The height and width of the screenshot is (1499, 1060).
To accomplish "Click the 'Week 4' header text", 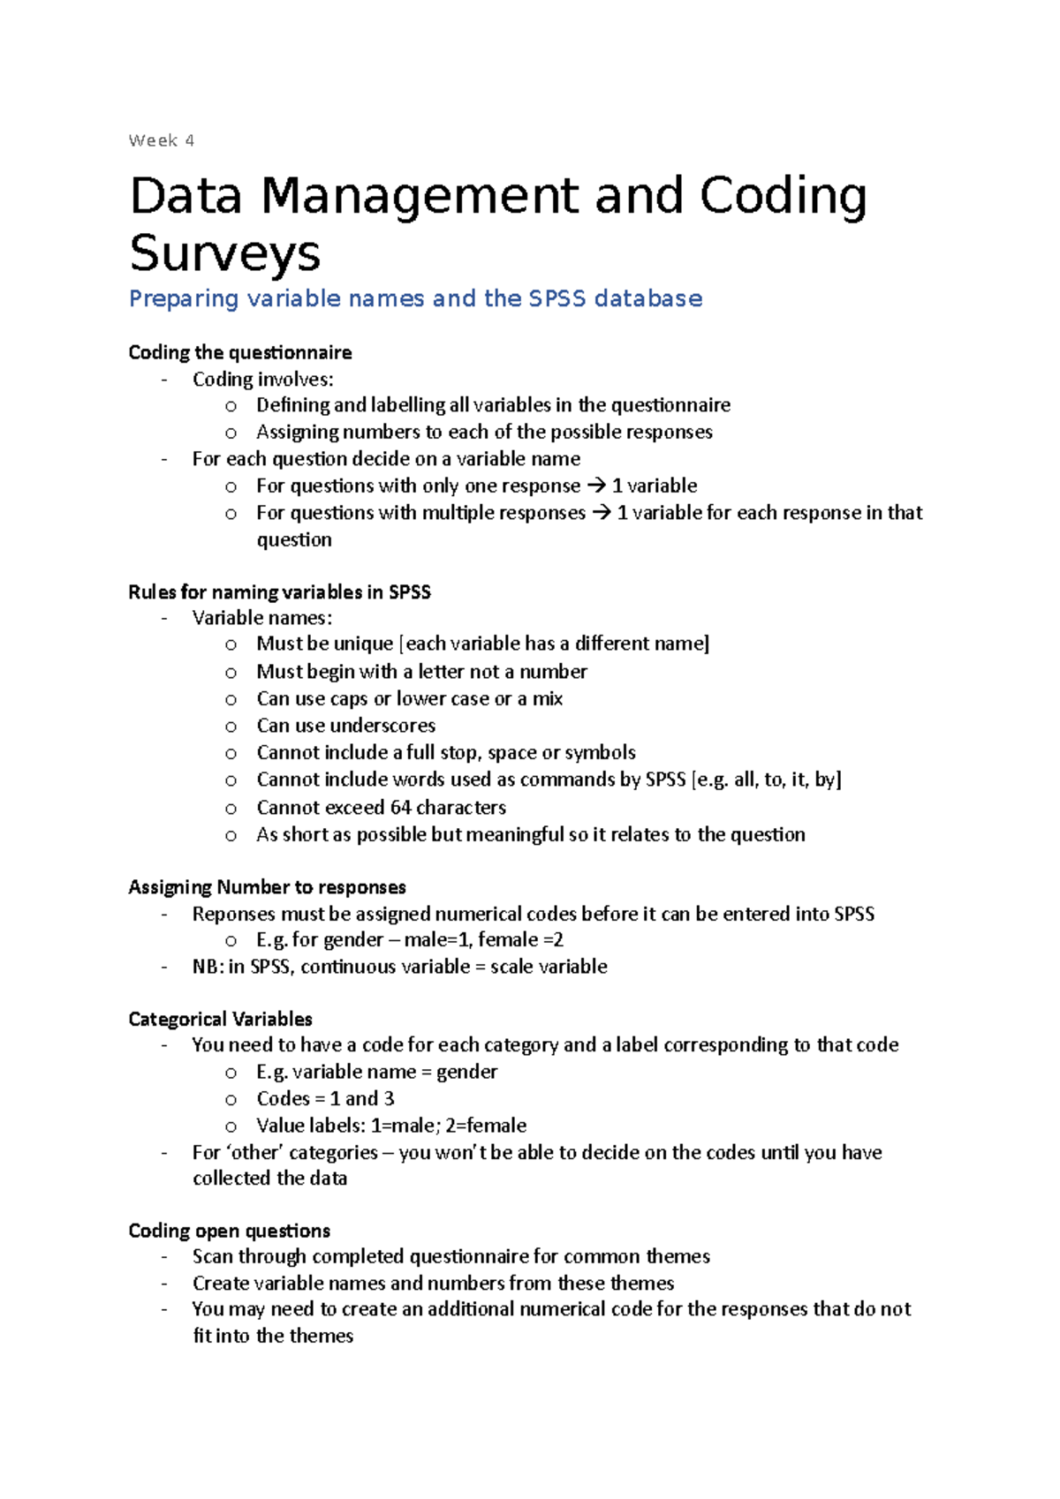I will pyautogui.click(x=161, y=140).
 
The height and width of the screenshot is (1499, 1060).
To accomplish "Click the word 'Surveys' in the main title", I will pyautogui.click(x=224, y=253).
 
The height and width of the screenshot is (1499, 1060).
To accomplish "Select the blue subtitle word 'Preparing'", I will pyautogui.click(x=184, y=298).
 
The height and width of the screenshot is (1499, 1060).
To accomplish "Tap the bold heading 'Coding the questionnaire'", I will pyautogui.click(x=239, y=352).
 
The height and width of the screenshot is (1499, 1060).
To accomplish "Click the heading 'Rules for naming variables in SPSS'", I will pyautogui.click(x=279, y=591).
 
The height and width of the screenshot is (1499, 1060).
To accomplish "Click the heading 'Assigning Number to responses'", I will pyautogui.click(x=267, y=886).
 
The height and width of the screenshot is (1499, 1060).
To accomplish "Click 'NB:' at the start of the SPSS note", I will pyautogui.click(x=208, y=967).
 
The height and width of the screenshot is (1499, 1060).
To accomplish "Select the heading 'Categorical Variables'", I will pyautogui.click(x=220, y=1019).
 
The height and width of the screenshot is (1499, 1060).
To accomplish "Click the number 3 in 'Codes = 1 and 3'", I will pyautogui.click(x=389, y=1098).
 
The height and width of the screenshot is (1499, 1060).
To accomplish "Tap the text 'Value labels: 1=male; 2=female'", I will pyautogui.click(x=391, y=1126).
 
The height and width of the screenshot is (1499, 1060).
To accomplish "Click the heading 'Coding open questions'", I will pyautogui.click(x=229, y=1231).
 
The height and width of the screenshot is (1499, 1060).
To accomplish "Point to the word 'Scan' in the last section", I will pyautogui.click(x=212, y=1256).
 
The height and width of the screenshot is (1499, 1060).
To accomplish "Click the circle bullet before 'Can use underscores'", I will pyautogui.click(x=231, y=727).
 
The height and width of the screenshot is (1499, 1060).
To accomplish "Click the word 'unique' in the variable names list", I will pyautogui.click(x=363, y=644).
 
